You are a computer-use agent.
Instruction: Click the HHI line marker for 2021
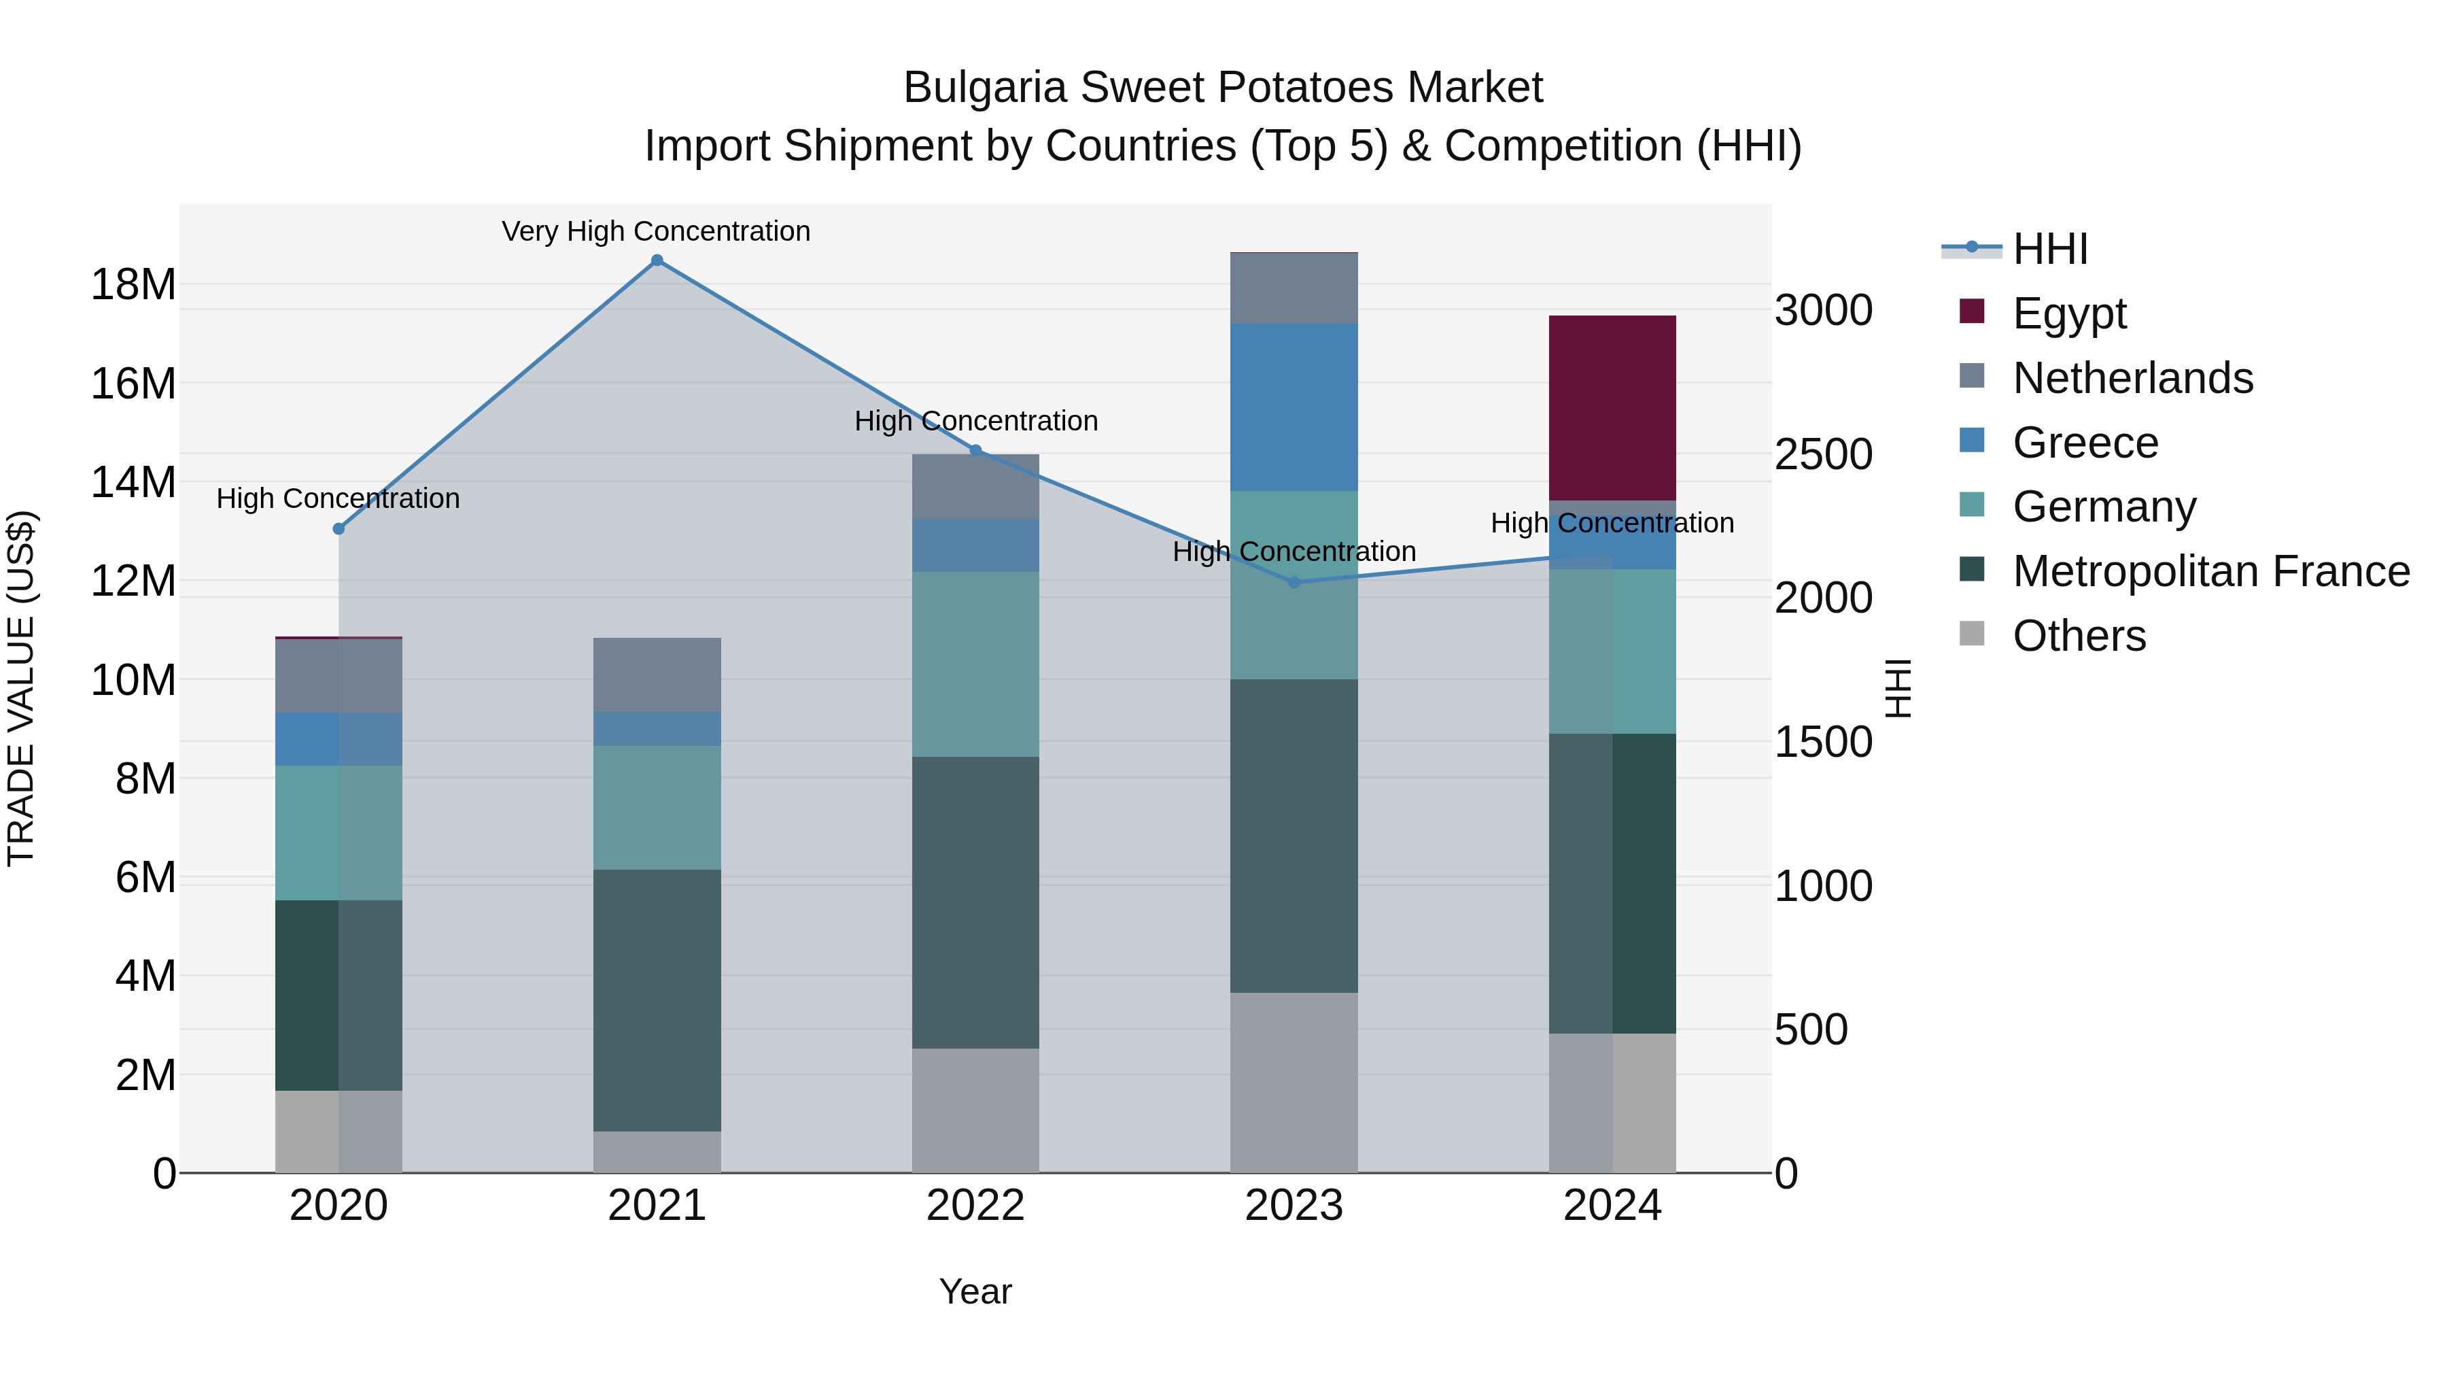click(657, 260)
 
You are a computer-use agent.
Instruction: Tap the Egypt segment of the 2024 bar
click(1612, 408)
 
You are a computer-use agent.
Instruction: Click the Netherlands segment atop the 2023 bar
click(1294, 289)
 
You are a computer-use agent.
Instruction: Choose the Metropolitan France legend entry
click(2210, 571)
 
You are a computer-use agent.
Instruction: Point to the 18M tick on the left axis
click(133, 284)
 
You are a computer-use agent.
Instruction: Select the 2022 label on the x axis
click(975, 1206)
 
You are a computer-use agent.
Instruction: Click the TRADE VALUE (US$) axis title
click(21, 688)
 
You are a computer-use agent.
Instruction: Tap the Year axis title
click(975, 1291)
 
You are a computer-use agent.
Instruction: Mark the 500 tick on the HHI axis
click(1811, 1030)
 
